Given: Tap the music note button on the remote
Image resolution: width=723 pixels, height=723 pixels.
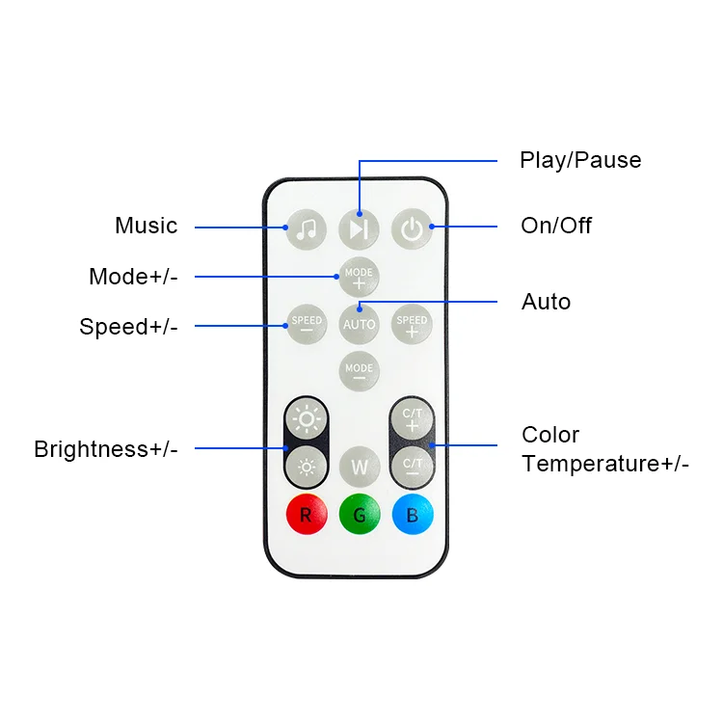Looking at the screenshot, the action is pos(307,229).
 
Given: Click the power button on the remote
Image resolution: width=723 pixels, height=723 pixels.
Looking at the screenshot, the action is pos(412,229).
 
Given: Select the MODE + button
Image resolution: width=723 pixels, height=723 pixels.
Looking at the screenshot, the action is pos(359,278).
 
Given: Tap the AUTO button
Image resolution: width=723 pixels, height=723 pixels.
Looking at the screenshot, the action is pos(359,324).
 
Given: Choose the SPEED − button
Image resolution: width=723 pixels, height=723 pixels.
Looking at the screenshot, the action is pos(307,324).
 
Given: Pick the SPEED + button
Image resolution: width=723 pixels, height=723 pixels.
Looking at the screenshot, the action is pos(412,324).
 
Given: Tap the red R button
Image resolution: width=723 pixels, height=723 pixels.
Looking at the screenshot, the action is pos(307,515).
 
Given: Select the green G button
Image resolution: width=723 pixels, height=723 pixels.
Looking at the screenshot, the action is pos(359,515).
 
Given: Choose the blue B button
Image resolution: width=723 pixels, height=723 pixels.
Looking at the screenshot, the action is pos(412,515).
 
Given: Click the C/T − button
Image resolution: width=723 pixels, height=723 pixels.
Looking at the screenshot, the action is pos(412,468).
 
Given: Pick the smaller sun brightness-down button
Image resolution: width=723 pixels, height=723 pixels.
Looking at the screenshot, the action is pos(307,468).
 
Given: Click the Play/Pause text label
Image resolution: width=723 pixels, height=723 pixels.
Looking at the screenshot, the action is pos(579,160).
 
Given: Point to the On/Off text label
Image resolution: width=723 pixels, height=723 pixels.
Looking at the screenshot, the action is pos(556,226).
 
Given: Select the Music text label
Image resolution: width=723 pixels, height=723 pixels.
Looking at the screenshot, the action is pos(147,226).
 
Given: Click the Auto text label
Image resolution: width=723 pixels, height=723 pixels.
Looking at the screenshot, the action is pos(546,302).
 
